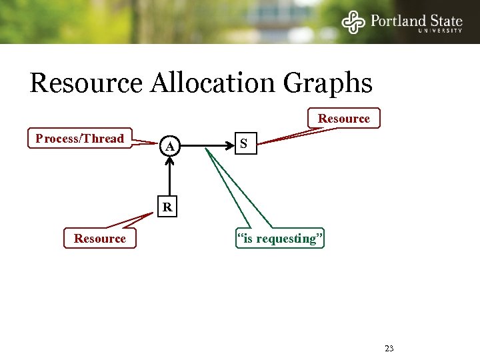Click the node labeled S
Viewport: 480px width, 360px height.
tap(244, 143)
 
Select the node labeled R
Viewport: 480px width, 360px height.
tap(168, 207)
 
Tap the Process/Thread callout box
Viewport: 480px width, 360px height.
tap(80, 139)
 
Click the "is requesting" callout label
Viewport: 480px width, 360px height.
tap(281, 238)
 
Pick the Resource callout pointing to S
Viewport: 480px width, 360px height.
tap(343, 119)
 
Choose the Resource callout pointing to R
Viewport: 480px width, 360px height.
tap(100, 238)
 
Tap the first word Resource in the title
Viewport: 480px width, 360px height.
tap(86, 83)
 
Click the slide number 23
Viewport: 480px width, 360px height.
tap(389, 348)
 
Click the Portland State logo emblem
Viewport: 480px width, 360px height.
tap(354, 22)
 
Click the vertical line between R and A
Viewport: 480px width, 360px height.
tap(170, 180)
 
